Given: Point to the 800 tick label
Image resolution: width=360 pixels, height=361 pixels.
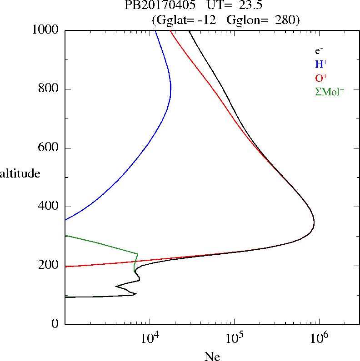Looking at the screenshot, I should (x=50, y=89).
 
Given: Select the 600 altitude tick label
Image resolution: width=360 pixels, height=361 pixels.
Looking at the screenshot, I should (x=50, y=148).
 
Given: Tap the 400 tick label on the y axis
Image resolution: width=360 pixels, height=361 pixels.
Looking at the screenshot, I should (x=50, y=207).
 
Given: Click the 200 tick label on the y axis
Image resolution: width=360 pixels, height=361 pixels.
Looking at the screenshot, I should (x=50, y=266).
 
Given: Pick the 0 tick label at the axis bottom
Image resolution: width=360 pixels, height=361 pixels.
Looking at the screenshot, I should (x=56, y=324).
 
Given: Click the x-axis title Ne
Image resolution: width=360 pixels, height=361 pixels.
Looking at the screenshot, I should (x=212, y=356).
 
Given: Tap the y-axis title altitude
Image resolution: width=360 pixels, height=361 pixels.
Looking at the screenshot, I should (x=20, y=173).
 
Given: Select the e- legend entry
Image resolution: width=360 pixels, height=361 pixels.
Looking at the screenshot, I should (x=320, y=51).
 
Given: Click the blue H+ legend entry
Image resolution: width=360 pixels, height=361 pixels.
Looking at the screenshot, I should (x=321, y=64).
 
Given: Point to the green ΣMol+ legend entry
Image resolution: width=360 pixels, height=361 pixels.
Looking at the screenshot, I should (x=330, y=91).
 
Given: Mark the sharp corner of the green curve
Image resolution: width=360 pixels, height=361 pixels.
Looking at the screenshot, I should (x=138, y=253).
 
